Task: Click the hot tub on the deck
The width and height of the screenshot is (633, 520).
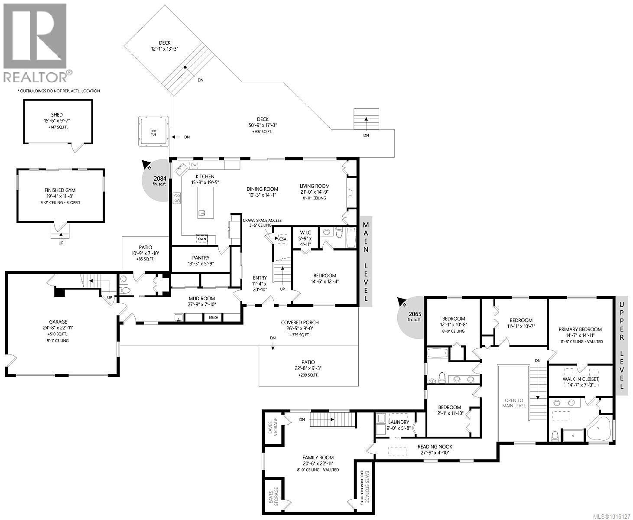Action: tap(153, 131)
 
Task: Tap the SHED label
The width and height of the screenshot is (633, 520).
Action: tap(57, 115)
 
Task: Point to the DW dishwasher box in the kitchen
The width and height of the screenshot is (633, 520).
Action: tap(194, 165)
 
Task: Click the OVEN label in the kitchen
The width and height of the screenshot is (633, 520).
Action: tap(202, 239)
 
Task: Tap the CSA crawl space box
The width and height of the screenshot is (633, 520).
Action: tap(282, 239)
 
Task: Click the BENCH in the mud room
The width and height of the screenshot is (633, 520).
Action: tap(214, 318)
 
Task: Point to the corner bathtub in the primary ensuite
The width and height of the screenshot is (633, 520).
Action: tap(598, 429)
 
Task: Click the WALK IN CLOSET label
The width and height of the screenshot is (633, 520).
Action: tap(580, 379)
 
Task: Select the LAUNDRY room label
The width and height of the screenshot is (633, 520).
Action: tap(398, 422)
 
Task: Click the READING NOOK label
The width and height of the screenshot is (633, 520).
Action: tap(435, 446)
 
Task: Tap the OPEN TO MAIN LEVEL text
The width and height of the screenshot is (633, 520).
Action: tap(513, 403)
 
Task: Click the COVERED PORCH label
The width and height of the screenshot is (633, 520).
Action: tap(299, 322)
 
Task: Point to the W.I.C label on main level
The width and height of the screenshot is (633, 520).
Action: tap(305, 233)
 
